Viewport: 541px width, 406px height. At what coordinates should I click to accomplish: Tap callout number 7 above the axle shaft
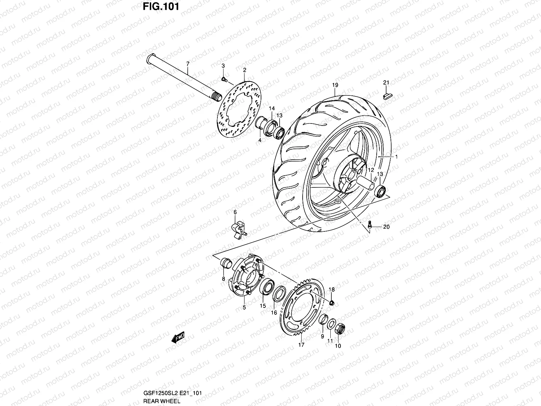188,64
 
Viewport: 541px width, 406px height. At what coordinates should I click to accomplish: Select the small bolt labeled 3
224,79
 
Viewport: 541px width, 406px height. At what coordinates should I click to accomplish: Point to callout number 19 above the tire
335,85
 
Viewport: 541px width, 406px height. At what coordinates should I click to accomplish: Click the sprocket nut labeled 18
331,302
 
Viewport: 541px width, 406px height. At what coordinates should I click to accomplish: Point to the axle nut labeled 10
340,328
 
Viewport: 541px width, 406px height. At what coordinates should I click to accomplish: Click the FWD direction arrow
177,337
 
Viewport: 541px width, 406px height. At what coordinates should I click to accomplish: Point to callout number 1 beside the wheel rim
397,157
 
